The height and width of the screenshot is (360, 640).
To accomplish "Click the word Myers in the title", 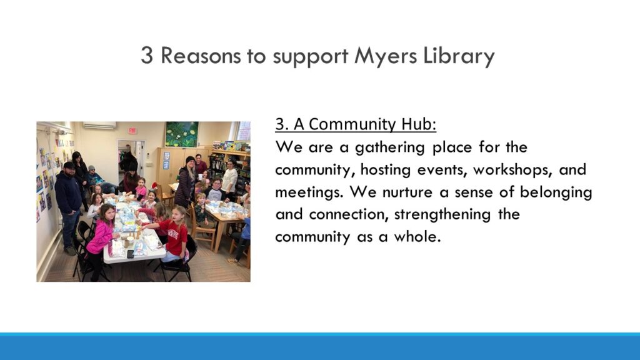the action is (x=386, y=57).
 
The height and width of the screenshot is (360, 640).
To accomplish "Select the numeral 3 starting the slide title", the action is (x=147, y=55).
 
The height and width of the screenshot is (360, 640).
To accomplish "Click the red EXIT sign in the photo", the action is (x=132, y=131).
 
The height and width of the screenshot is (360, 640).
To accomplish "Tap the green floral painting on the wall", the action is (x=182, y=134).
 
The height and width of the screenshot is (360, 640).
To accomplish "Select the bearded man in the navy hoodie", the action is (x=69, y=206).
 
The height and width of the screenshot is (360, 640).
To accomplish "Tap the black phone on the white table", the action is (x=130, y=254).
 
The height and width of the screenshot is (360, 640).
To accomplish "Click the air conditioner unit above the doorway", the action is (x=99, y=126).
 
